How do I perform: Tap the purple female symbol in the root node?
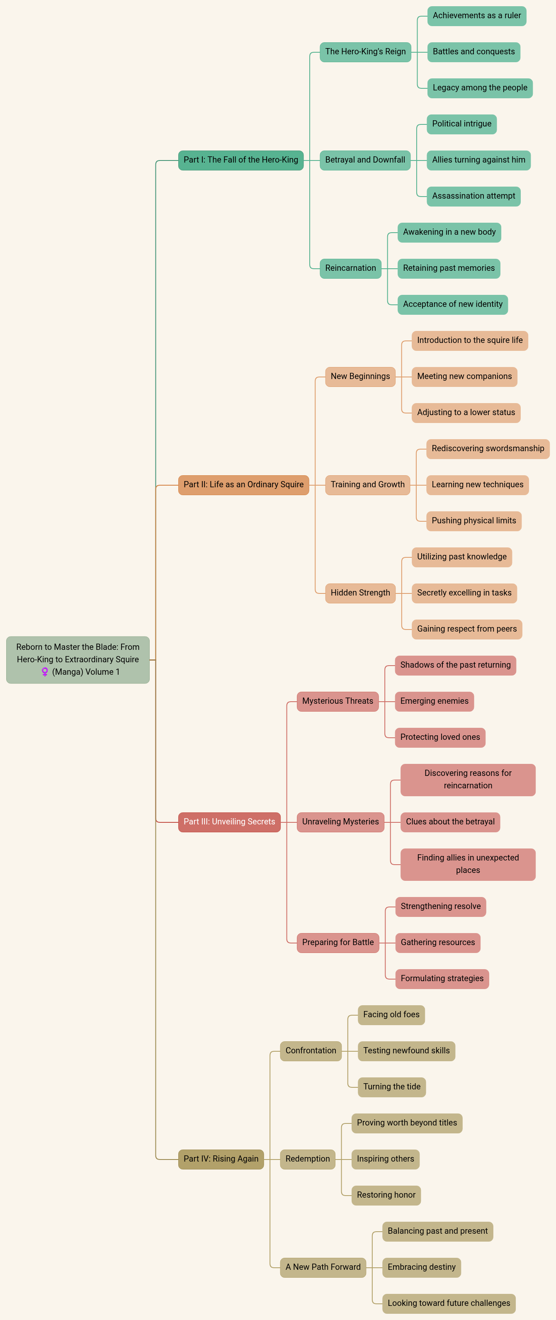(45, 672)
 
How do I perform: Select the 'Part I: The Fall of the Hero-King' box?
(241, 160)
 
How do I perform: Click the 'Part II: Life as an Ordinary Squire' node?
(243, 485)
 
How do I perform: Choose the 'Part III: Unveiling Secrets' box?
(229, 822)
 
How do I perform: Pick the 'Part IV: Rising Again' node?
(221, 1159)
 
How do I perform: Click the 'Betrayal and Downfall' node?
(365, 160)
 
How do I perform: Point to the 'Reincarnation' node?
(350, 268)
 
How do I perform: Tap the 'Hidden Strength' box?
(360, 593)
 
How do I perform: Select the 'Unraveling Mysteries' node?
(340, 822)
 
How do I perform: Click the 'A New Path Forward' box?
(323, 1267)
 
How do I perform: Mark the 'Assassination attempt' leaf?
(473, 196)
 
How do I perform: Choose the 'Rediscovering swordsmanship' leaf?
(488, 449)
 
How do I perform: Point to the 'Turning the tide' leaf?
(391, 1087)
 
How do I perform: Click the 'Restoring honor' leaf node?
(386, 1195)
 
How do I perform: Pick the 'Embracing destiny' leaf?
(422, 1267)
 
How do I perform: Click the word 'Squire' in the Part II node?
(291, 485)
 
